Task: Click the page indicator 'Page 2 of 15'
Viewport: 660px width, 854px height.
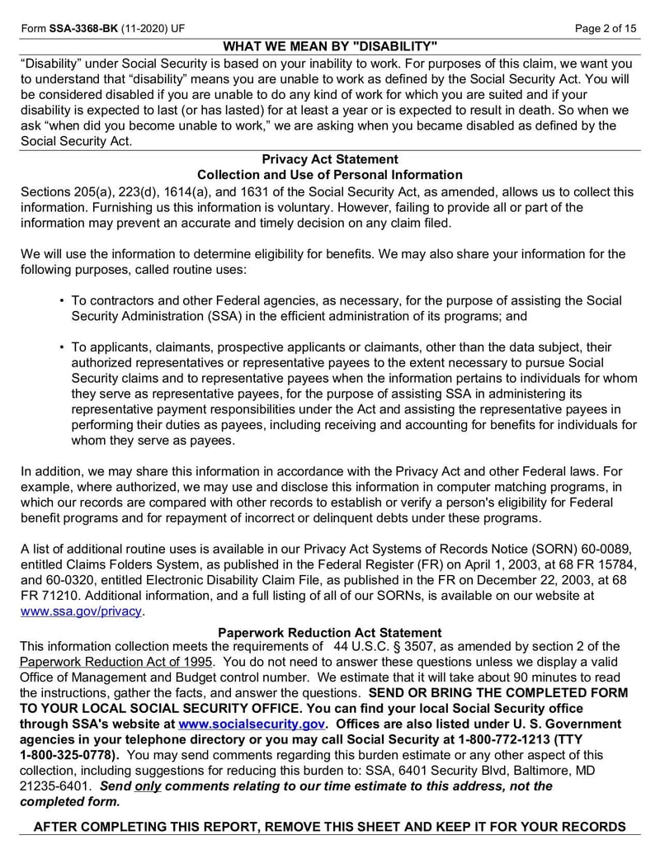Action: click(x=606, y=28)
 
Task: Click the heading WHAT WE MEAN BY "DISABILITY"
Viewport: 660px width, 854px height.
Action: click(x=330, y=46)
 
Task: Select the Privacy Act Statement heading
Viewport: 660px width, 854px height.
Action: click(x=330, y=159)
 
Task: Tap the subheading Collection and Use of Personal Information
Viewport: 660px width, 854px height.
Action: click(x=330, y=175)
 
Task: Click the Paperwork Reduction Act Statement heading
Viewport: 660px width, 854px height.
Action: click(x=330, y=633)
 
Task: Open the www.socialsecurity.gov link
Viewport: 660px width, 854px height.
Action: click(x=251, y=724)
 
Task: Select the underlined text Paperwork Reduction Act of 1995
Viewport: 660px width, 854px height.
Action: click(x=116, y=663)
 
